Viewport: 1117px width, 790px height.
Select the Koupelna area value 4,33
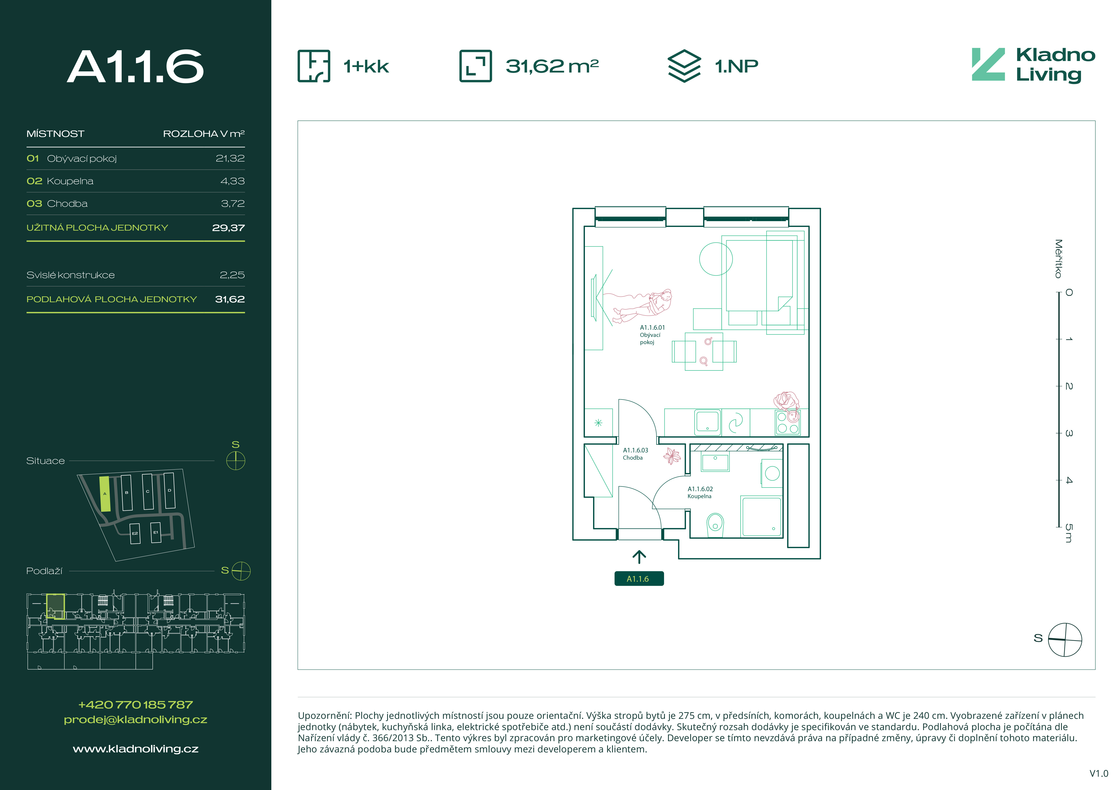233,181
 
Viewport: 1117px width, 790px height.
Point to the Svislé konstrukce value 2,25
232,275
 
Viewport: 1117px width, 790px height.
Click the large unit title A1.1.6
135,67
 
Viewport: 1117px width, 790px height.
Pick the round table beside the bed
716,259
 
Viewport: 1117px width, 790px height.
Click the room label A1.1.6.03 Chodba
635,454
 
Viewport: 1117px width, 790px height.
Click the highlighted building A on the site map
105,494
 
